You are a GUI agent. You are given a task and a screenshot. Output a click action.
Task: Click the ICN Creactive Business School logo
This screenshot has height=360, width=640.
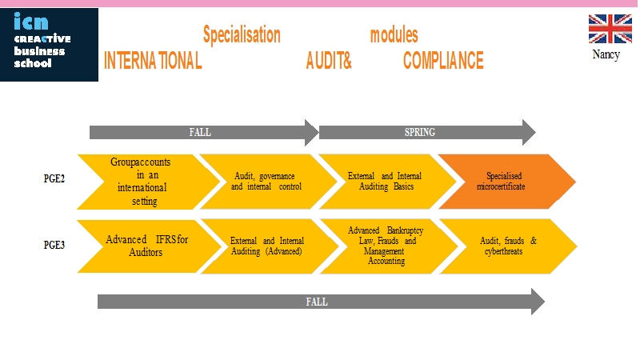pyautogui.click(x=49, y=45)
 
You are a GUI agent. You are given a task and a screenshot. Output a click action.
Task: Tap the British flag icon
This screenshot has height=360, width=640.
pyautogui.click(x=610, y=29)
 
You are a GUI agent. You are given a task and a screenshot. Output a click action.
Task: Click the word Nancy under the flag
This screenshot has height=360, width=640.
pyautogui.click(x=606, y=54)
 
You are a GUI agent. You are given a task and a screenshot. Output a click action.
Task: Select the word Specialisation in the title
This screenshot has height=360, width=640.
pyautogui.click(x=242, y=35)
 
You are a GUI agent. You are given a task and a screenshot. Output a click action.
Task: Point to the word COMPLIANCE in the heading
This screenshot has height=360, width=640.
pyautogui.click(x=443, y=61)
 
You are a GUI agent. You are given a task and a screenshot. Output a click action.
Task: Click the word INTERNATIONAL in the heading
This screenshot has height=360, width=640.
pyautogui.click(x=153, y=61)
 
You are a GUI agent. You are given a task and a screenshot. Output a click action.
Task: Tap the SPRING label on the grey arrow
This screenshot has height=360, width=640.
pyautogui.click(x=419, y=132)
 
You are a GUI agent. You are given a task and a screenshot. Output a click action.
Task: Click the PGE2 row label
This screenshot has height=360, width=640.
pyautogui.click(x=54, y=178)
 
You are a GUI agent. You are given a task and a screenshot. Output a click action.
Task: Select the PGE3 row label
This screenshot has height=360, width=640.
pyautogui.click(x=54, y=245)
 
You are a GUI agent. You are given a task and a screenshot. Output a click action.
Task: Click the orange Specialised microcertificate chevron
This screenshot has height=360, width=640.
pyautogui.click(x=507, y=182)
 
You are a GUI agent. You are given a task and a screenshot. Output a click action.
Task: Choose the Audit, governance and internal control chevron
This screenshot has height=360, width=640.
pyautogui.click(x=268, y=182)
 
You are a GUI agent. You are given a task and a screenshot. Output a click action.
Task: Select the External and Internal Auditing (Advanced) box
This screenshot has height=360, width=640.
pyautogui.click(x=270, y=246)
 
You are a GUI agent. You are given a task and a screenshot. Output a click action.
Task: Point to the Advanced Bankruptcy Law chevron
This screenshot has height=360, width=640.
pyautogui.click(x=389, y=246)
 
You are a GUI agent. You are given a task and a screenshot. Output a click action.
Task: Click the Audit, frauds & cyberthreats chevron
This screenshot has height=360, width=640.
pyautogui.click(x=508, y=246)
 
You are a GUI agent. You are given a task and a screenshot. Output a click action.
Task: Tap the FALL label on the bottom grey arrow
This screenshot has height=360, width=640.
pyautogui.click(x=317, y=302)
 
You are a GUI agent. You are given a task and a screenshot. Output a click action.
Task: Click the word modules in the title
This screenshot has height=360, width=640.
pyautogui.click(x=394, y=35)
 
